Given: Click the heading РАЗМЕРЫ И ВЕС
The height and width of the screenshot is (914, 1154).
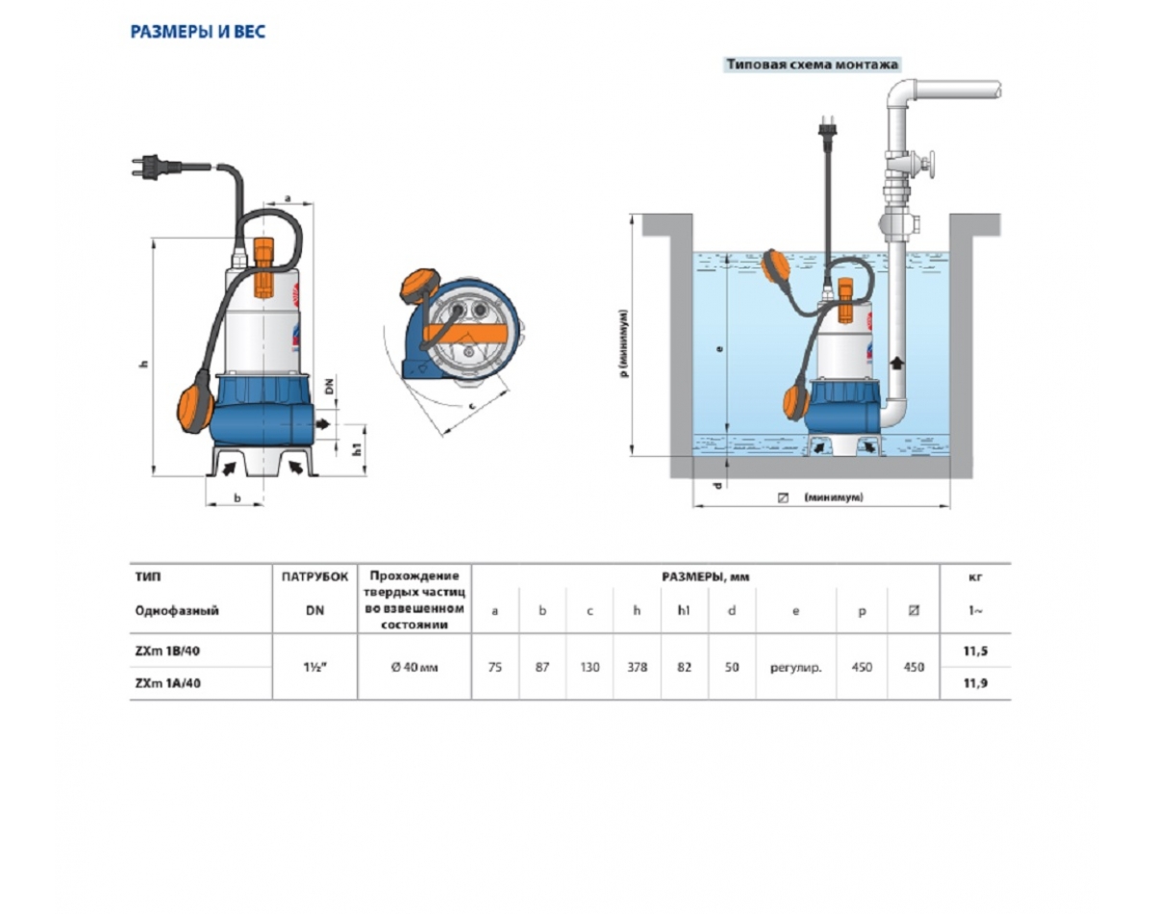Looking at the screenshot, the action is pyautogui.click(x=198, y=32).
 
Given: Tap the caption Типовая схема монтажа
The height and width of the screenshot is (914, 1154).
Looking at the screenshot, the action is pyautogui.click(x=812, y=64).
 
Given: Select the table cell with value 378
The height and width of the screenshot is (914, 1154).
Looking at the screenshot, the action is pyautogui.click(x=637, y=667).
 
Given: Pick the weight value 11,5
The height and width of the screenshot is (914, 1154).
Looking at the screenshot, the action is pyautogui.click(x=975, y=651).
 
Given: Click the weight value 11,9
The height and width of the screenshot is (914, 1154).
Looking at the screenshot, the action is pyautogui.click(x=975, y=683).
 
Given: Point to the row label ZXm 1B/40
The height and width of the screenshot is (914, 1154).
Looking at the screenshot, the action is pyautogui.click(x=168, y=651).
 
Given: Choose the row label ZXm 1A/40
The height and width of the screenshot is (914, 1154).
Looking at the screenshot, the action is pyautogui.click(x=168, y=683).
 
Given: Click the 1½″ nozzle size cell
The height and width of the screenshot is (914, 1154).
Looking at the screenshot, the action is pyautogui.click(x=315, y=667).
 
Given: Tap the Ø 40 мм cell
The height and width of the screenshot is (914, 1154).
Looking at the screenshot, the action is pyautogui.click(x=414, y=667).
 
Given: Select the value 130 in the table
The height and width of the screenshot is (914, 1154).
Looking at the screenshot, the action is pyautogui.click(x=590, y=667).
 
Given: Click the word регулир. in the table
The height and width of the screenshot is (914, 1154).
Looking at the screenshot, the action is pyautogui.click(x=796, y=668).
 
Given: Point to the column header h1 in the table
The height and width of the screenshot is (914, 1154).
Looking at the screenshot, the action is pyautogui.click(x=684, y=610).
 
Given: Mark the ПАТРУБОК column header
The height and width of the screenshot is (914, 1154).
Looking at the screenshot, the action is pyautogui.click(x=315, y=577).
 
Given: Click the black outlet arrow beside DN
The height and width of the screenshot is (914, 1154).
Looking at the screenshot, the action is pyautogui.click(x=322, y=424).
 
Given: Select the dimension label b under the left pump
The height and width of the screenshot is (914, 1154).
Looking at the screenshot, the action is pyautogui.click(x=237, y=498).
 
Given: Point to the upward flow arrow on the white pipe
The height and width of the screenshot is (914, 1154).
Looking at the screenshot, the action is pyautogui.click(x=897, y=364).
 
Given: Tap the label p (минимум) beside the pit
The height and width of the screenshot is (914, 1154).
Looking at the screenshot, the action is pyautogui.click(x=623, y=343).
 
